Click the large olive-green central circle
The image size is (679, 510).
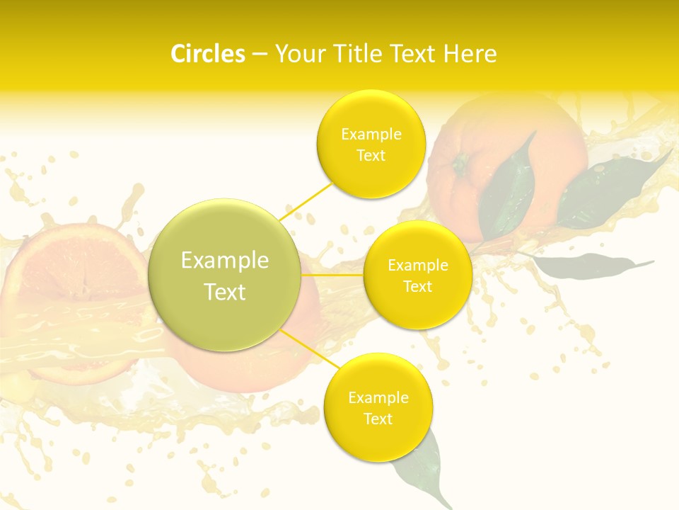[x=225, y=275]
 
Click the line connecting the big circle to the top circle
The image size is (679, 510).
[x=306, y=201]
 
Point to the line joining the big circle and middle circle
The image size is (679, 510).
[x=332, y=274]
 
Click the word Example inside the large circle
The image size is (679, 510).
[x=225, y=261]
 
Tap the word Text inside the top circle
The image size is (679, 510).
[x=371, y=156]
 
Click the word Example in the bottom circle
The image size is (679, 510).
[x=378, y=398]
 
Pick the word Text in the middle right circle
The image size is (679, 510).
[x=417, y=287]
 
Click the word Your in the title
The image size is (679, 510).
[x=297, y=54]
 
